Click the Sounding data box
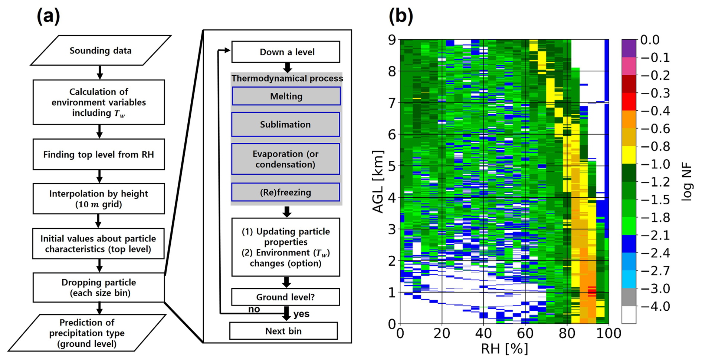point(100,50)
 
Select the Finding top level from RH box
point(99,155)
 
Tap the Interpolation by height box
point(99,199)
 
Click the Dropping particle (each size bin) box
point(99,288)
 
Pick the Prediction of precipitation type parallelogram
point(87,333)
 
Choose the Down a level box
point(286,52)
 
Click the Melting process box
point(286,96)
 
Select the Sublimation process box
point(285,125)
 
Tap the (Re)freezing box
point(285,192)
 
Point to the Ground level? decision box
point(285,297)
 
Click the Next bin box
point(283,331)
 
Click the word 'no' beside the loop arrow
point(254,310)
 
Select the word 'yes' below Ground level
point(301,314)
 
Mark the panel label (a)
point(48,16)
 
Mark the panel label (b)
point(400,16)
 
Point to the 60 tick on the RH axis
point(525,333)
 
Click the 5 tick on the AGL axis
point(392,166)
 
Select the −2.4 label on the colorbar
point(655,253)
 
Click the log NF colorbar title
point(687,182)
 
